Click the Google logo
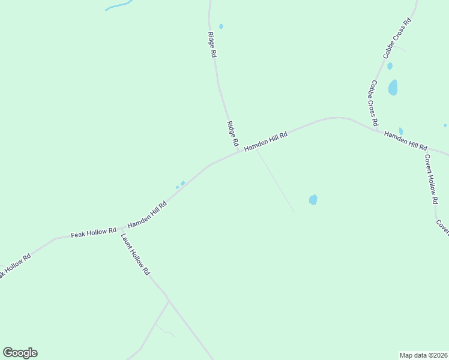pyautogui.click(x=20, y=353)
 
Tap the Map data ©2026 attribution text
pyautogui.click(x=424, y=355)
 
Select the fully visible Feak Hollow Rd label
pyautogui.click(x=93, y=232)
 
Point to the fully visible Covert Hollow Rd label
pyautogui.click(x=430, y=180)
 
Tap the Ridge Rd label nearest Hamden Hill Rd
pyautogui.click(x=232, y=135)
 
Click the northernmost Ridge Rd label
pyautogui.click(x=212, y=44)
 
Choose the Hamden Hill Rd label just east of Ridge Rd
pyautogui.click(x=266, y=142)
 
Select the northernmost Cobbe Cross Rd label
pyautogui.click(x=397, y=38)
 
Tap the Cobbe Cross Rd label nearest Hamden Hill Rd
pyautogui.click(x=374, y=103)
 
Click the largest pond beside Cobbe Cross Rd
pyautogui.click(x=393, y=88)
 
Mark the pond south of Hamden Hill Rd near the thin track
pyautogui.click(x=313, y=199)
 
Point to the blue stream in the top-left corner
pyautogui.click(x=119, y=6)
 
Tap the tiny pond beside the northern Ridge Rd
pyautogui.click(x=221, y=26)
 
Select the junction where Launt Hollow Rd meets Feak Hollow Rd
pyautogui.click(x=122, y=229)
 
